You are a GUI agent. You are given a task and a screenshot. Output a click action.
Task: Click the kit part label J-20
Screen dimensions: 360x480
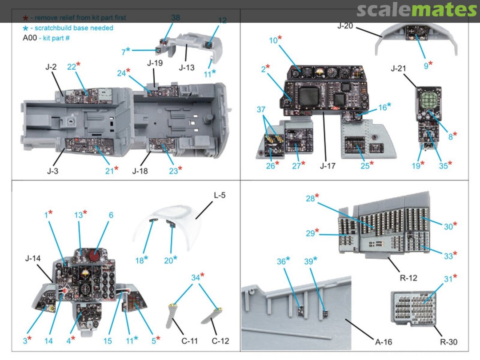(345, 26)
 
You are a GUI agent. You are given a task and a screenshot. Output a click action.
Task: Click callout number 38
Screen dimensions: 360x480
(176, 18)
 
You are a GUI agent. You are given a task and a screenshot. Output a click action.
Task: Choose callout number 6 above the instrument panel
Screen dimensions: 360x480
(111, 215)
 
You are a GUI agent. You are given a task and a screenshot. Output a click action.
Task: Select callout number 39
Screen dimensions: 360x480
(312, 260)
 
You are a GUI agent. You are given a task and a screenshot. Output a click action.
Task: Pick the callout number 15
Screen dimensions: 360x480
(108, 341)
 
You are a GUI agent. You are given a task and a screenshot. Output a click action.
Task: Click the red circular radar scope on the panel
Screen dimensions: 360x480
(94, 256)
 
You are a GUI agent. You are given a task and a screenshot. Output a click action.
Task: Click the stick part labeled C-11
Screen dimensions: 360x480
(172, 316)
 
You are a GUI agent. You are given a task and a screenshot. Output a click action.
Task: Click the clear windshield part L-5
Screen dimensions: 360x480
(178, 222)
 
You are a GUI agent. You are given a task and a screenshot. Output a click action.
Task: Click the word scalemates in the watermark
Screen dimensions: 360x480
(416, 10)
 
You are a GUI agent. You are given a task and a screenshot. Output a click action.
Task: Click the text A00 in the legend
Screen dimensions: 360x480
(30, 38)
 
